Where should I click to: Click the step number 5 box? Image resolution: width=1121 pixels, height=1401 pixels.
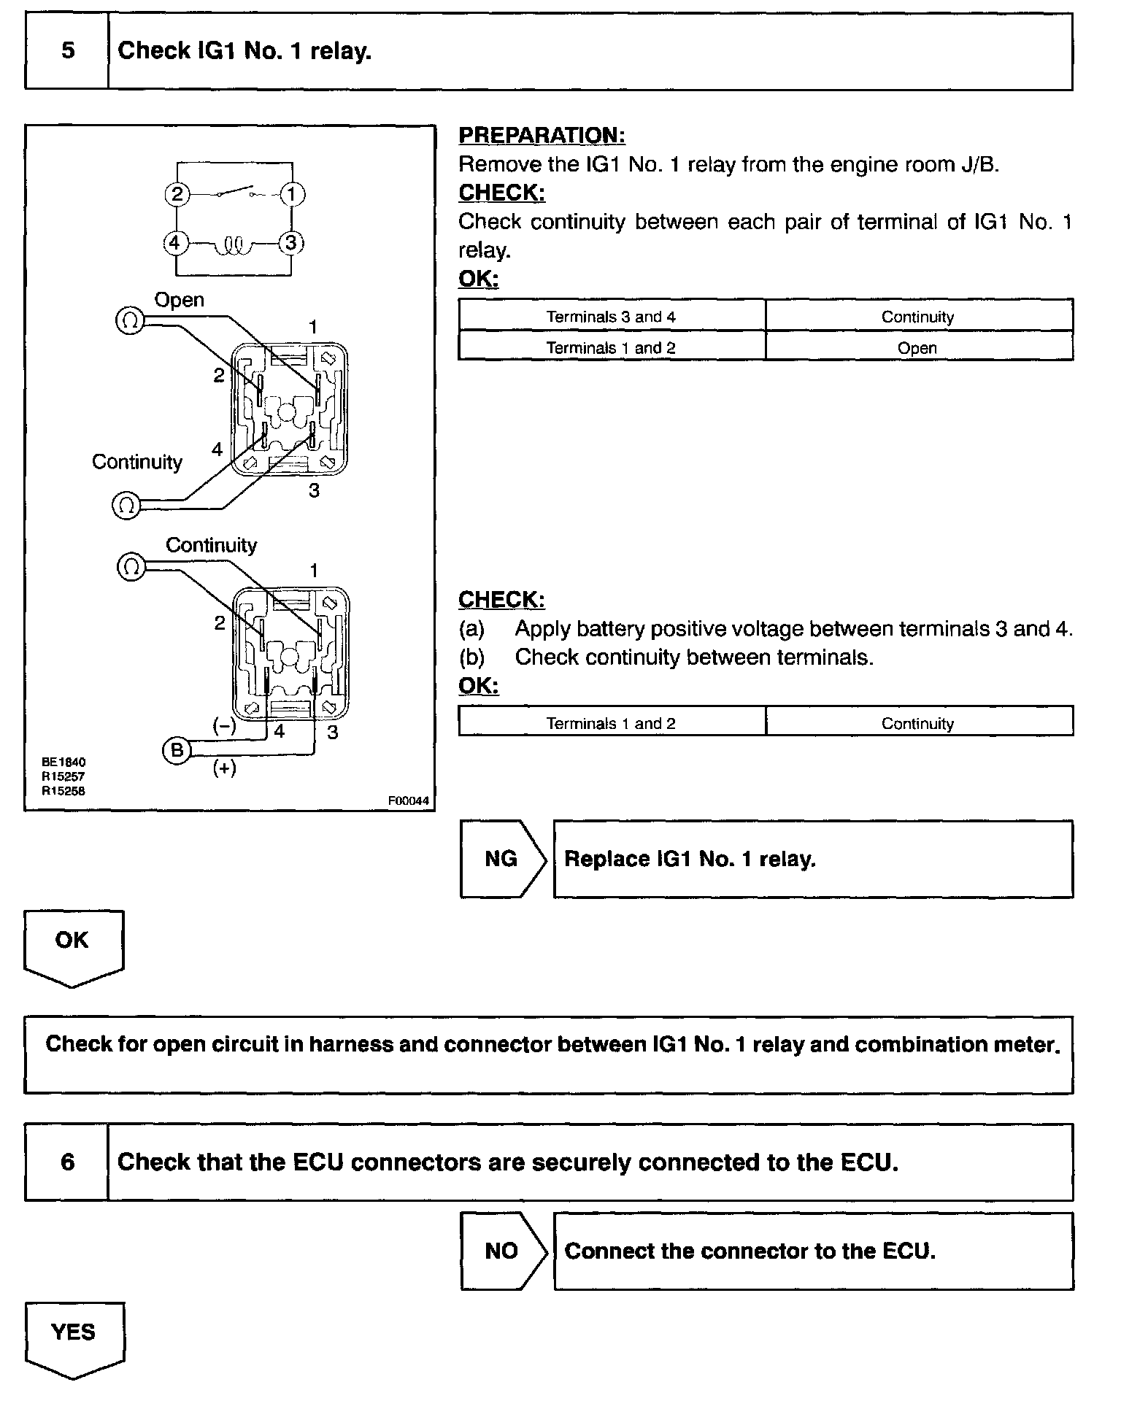tap(67, 51)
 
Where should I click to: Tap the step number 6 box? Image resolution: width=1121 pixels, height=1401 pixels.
tap(67, 1162)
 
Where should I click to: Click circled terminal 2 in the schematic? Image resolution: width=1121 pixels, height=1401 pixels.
tap(177, 195)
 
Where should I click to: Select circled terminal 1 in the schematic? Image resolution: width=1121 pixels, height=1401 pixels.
tap(292, 195)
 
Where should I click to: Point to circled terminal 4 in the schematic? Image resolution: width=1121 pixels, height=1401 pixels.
tap(175, 242)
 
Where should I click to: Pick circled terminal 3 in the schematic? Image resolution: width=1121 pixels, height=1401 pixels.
tap(292, 242)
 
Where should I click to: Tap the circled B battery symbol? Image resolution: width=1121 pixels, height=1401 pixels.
tap(177, 750)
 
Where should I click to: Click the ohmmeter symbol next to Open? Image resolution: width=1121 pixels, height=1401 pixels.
tap(130, 322)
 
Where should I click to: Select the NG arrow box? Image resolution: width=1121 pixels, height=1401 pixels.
tap(502, 859)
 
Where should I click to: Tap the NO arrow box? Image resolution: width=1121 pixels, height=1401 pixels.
tap(502, 1251)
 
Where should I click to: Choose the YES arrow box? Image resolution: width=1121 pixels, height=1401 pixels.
tap(74, 1335)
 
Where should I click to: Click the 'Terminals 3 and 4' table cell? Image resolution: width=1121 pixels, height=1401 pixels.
tap(612, 317)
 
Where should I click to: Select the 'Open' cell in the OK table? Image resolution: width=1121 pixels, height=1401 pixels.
tap(918, 348)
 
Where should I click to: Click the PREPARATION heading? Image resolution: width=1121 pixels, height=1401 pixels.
tap(542, 136)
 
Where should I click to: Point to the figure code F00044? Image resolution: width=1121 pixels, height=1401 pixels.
tap(408, 801)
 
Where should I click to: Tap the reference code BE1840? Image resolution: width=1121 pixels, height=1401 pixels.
tap(63, 763)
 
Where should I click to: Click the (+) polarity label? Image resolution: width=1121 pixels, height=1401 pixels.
tap(224, 768)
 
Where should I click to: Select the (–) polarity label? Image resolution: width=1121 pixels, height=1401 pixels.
tap(224, 725)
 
